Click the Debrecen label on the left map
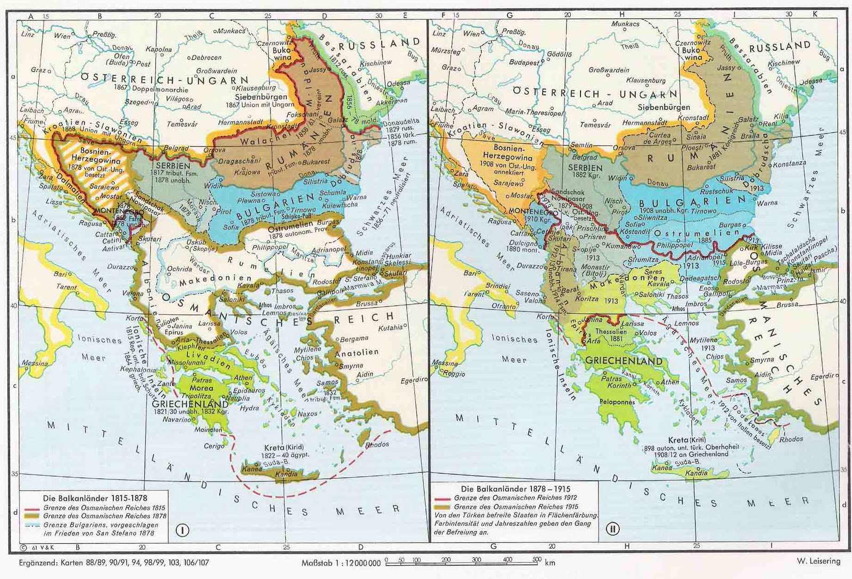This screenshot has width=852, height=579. [x=207, y=58]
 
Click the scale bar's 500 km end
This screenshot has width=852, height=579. [x=537, y=560]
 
